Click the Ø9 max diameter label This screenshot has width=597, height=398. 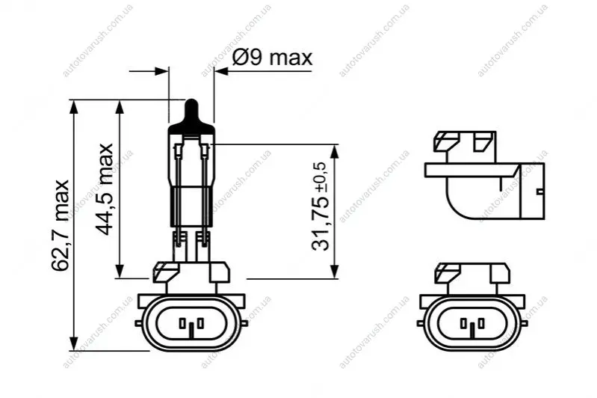pyautogui.click(x=272, y=58)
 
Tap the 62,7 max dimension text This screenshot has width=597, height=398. pyautogui.click(x=61, y=225)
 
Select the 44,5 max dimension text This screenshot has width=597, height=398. pyautogui.click(x=104, y=189)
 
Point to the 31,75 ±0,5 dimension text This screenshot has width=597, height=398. pyautogui.click(x=319, y=206)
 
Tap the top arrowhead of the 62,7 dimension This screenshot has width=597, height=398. pyautogui.click(x=75, y=107)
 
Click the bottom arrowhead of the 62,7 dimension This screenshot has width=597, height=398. pyautogui.click(x=75, y=343)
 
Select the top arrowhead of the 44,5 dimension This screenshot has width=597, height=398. pyautogui.click(x=120, y=107)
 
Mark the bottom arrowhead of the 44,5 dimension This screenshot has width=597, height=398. pyautogui.click(x=120, y=271)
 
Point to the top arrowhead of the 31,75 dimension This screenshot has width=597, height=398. pyautogui.click(x=334, y=152)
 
